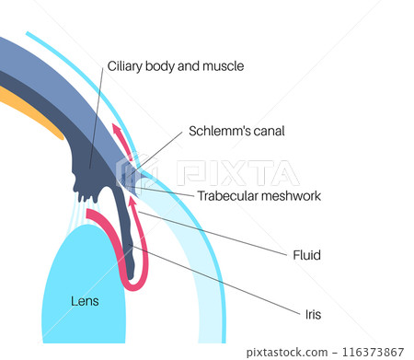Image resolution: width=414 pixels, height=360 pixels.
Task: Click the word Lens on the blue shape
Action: (x=85, y=300)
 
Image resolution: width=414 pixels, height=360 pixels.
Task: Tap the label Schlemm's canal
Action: (x=236, y=131)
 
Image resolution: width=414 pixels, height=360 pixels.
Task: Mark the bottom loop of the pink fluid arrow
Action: (x=132, y=282)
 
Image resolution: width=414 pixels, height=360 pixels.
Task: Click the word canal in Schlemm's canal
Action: (x=265, y=131)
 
